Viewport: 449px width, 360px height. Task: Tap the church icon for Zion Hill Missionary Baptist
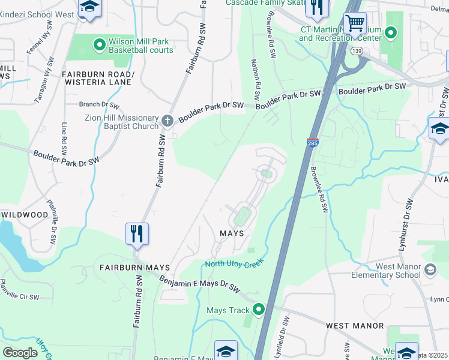(x=167, y=120)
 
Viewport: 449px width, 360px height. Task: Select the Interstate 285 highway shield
(x=312, y=143)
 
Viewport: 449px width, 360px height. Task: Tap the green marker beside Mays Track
(x=259, y=310)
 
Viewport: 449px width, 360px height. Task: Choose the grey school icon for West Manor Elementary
(x=430, y=270)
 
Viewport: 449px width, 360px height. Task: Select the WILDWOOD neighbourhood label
(x=25, y=214)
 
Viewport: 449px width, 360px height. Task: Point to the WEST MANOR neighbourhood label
(x=354, y=325)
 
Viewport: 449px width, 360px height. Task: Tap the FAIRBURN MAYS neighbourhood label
(x=134, y=267)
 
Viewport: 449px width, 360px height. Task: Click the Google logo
(x=20, y=353)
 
